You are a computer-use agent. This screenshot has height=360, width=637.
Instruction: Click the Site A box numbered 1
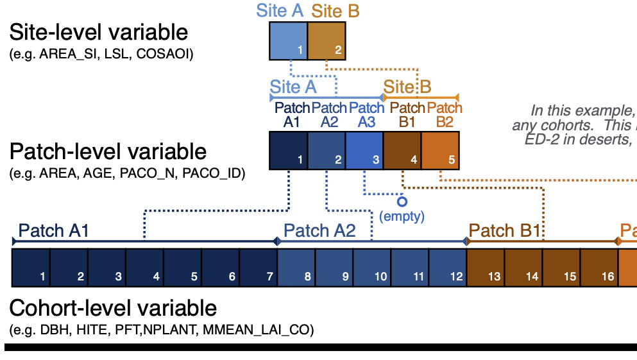(x=289, y=40)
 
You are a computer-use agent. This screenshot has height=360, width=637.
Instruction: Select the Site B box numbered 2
(x=327, y=40)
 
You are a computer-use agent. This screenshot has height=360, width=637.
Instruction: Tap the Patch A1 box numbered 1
(x=289, y=150)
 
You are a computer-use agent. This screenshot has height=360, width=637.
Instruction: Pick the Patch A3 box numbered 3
(x=364, y=150)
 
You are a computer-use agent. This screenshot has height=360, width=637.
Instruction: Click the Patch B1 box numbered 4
(x=402, y=150)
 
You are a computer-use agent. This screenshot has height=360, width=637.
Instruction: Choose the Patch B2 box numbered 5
(x=440, y=150)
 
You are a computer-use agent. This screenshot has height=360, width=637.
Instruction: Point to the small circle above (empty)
(x=402, y=201)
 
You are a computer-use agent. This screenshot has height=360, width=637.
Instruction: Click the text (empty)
(x=402, y=216)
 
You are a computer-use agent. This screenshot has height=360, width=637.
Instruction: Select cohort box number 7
(x=259, y=268)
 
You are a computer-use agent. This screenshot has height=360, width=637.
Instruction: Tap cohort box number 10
(x=372, y=268)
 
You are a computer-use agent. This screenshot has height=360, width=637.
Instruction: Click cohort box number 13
(x=486, y=268)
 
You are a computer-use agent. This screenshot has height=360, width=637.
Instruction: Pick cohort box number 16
(x=599, y=268)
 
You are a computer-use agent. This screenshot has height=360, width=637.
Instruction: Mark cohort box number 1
(x=31, y=268)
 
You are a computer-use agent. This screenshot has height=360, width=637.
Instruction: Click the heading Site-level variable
(x=99, y=32)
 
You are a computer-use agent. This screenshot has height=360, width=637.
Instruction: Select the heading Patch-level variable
(x=108, y=151)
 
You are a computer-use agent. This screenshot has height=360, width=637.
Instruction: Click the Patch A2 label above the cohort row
(x=319, y=231)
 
